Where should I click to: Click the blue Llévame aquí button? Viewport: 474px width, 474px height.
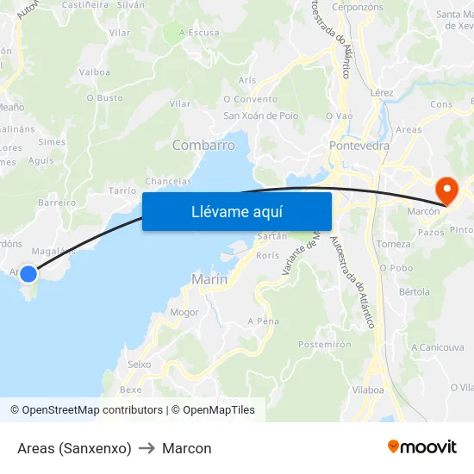pyautogui.click(x=236, y=211)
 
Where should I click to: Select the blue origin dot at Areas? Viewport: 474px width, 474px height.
pyautogui.click(x=28, y=274)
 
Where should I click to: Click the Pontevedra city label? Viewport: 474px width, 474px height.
pyautogui.click(x=359, y=146)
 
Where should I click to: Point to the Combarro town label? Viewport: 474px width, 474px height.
pyautogui.click(x=203, y=146)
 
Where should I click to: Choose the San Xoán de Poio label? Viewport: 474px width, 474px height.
pyautogui.click(x=260, y=115)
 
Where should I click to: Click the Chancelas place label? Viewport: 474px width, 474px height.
pyautogui.click(x=168, y=181)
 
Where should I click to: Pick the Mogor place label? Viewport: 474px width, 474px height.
pyautogui.click(x=184, y=312)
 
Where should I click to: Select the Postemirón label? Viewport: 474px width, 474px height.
pyautogui.click(x=324, y=344)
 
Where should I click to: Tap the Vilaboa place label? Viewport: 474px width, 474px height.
pyautogui.click(x=368, y=390)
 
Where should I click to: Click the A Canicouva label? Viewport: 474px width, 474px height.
pyautogui.click(x=438, y=347)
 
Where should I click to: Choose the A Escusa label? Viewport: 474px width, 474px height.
pyautogui.click(x=198, y=33)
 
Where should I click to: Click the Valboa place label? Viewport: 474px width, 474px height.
pyautogui.click(x=94, y=72)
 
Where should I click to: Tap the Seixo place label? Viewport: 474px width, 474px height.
pyautogui.click(x=139, y=365)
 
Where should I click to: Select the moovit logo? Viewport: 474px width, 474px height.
pyautogui.click(x=422, y=446)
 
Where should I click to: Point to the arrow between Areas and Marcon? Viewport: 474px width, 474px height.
pyautogui.click(x=147, y=448)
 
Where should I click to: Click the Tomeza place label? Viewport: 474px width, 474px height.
pyautogui.click(x=394, y=244)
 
